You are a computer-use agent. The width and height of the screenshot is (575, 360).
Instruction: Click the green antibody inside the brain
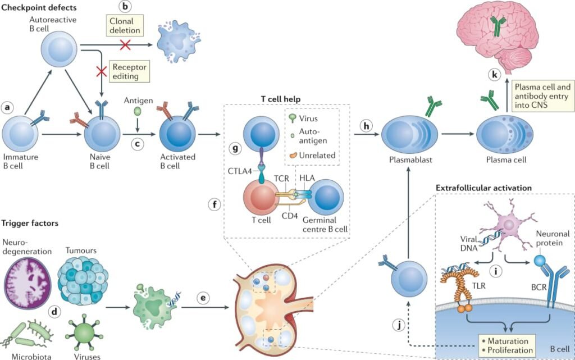(x=495, y=25)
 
